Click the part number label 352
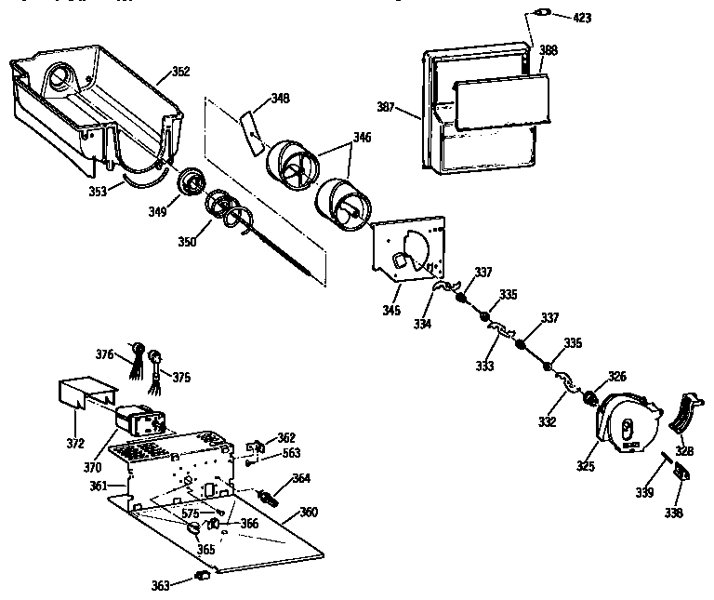(181, 71)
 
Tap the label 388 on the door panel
(549, 51)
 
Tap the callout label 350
(187, 243)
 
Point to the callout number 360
(308, 513)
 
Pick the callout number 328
(684, 450)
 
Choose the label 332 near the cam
(547, 422)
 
